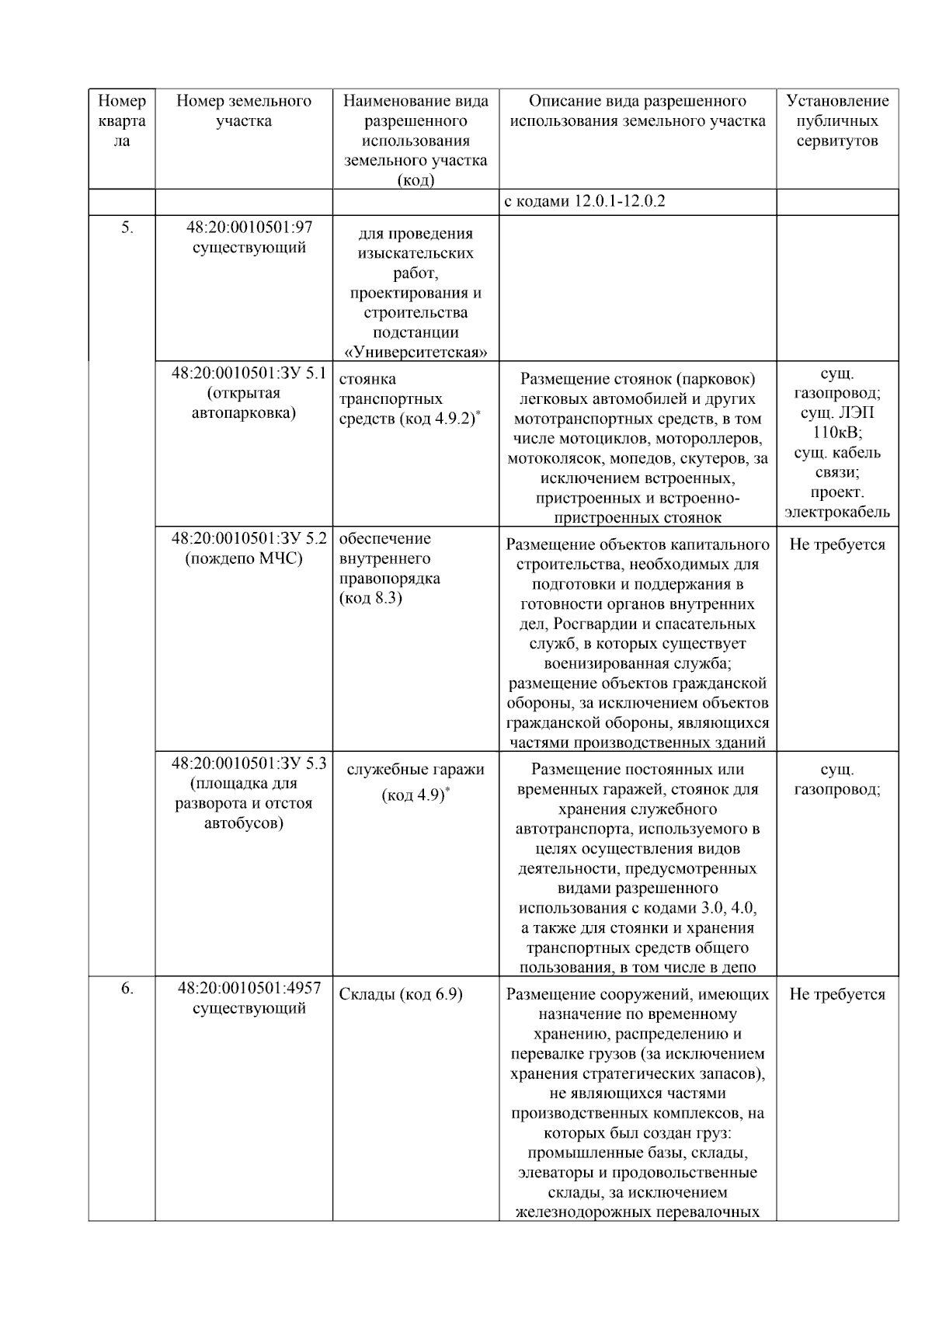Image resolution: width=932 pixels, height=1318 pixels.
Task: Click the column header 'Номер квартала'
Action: [x=122, y=121]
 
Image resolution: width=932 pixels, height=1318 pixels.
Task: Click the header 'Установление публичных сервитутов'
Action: [x=837, y=121]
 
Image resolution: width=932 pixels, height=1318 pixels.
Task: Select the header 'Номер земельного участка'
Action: [x=244, y=111]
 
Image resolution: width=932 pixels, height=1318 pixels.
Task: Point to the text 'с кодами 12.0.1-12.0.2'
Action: [x=585, y=202]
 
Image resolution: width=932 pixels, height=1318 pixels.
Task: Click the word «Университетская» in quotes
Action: [x=416, y=352]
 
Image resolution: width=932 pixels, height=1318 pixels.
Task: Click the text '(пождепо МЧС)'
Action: [x=244, y=558]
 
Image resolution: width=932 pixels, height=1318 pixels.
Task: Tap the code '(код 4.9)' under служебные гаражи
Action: [x=415, y=795]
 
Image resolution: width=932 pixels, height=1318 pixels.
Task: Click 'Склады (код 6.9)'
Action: [x=401, y=995]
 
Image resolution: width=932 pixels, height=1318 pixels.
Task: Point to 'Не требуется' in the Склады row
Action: [x=837, y=995]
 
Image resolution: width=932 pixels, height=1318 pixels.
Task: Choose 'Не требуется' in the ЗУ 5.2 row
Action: [x=837, y=544]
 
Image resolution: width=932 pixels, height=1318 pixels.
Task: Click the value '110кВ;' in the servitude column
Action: [x=837, y=433]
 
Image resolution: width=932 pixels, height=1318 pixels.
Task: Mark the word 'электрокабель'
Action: [x=837, y=513]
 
